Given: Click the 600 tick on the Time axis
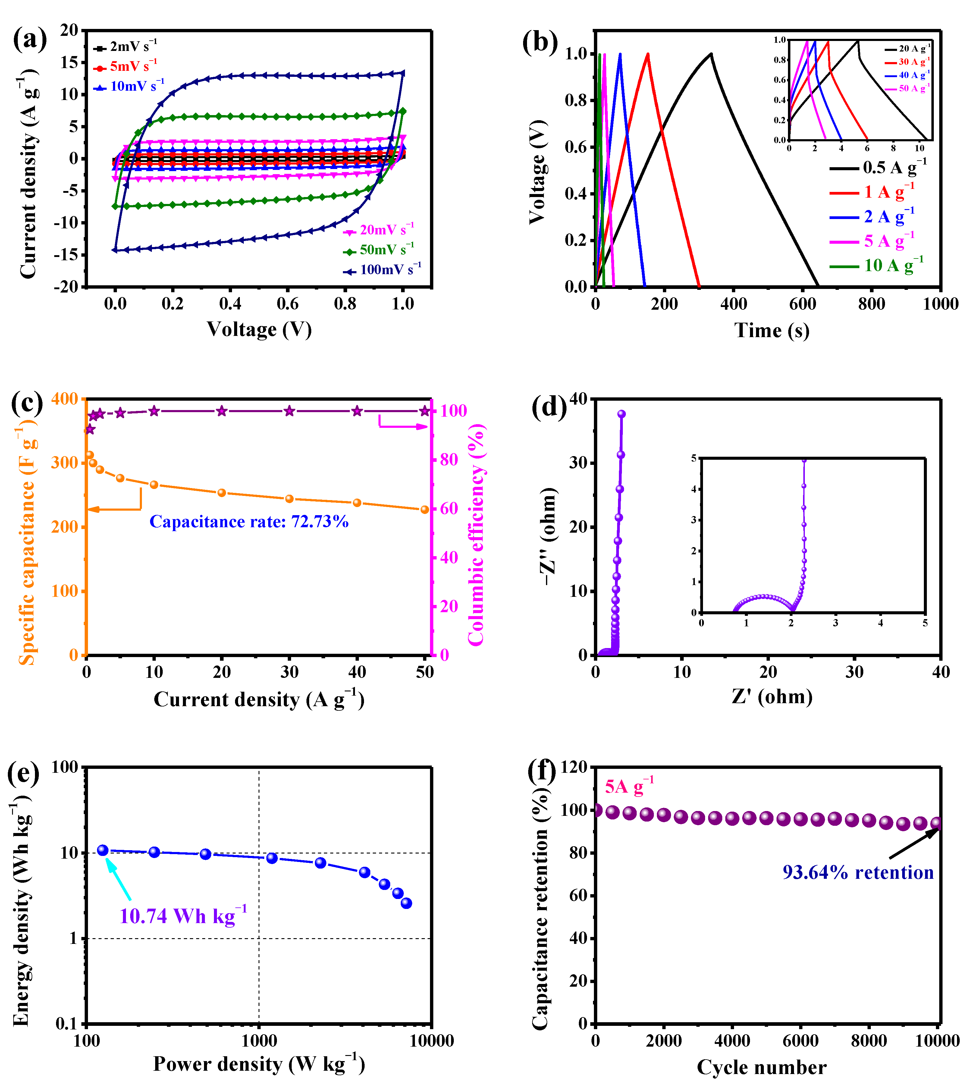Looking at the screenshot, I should coord(802,304).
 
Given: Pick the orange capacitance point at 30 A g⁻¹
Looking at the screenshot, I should coord(289,499).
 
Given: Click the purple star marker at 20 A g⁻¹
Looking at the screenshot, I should coord(221,411).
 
